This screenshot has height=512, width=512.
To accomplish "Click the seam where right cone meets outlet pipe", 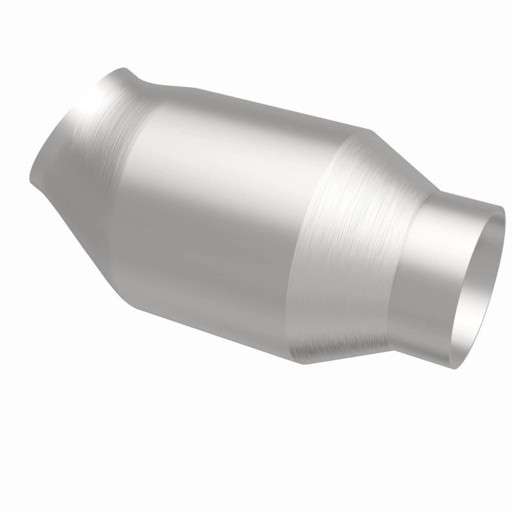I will point(400,269).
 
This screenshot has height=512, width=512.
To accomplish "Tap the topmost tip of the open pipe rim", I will point(502,207).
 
